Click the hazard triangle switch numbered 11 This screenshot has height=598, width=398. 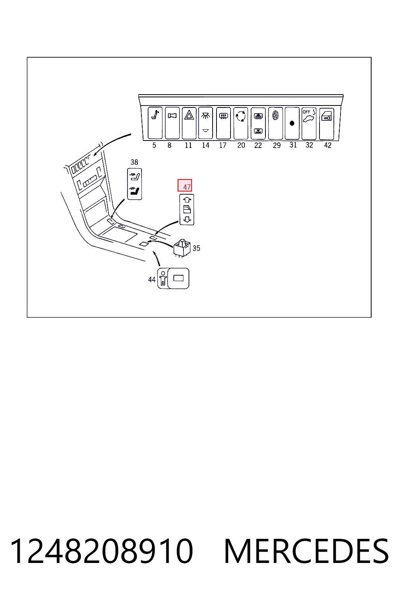click(189, 123)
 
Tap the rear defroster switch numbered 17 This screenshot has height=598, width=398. click(223, 123)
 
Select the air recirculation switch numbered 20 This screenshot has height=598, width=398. click(241, 123)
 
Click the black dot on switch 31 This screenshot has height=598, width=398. click(292, 123)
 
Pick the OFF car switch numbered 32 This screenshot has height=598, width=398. click(309, 123)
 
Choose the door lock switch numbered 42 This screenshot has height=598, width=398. click(326, 124)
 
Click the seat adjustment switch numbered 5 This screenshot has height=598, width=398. click(155, 123)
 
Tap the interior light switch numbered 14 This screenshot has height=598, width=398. click(206, 123)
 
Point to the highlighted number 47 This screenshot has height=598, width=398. click(185, 186)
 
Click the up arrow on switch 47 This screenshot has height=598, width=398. click(187, 199)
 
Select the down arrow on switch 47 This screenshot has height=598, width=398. click(187, 220)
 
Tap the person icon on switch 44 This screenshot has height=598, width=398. click(163, 278)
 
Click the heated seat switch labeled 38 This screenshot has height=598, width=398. click(134, 184)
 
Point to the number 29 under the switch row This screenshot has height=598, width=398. click(277, 146)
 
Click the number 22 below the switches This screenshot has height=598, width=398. click(258, 145)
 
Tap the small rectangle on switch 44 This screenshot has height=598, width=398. click(178, 278)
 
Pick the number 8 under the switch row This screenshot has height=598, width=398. click(169, 145)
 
